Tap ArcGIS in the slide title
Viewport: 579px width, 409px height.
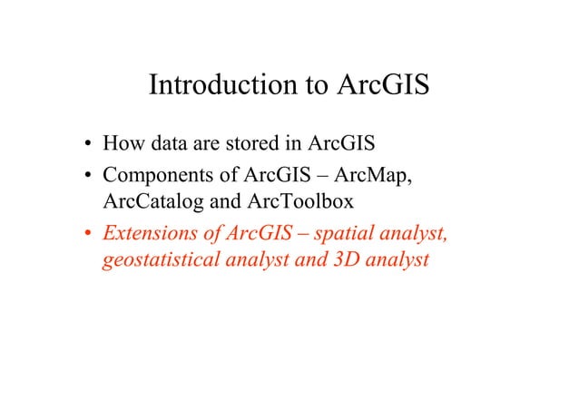383,87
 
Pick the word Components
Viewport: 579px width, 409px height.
158,173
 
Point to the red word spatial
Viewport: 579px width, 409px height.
346,234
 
